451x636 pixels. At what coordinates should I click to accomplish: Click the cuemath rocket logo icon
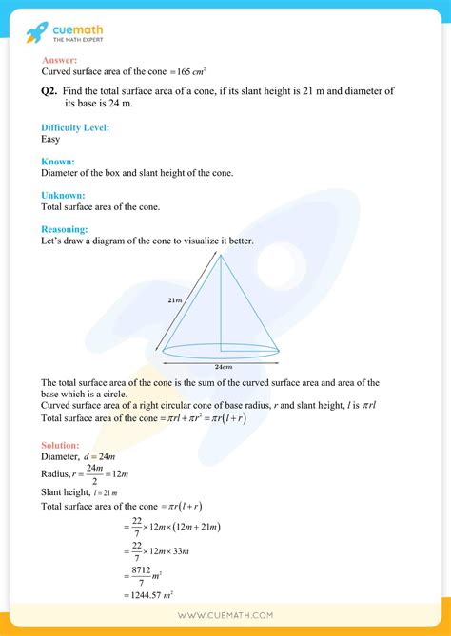point(37,32)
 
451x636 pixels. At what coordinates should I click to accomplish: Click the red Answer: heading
point(58,60)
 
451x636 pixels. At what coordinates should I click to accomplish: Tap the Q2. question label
point(50,91)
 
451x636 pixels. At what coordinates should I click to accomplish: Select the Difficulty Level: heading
point(75,126)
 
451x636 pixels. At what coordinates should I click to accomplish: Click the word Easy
point(50,138)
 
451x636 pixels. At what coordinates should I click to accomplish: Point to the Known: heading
point(59,162)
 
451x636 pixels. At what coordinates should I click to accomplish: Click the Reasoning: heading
point(65,229)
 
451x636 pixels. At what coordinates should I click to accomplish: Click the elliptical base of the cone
point(221,349)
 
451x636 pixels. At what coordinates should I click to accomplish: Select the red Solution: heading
point(61,445)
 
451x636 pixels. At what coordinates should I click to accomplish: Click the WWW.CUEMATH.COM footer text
point(225,617)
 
